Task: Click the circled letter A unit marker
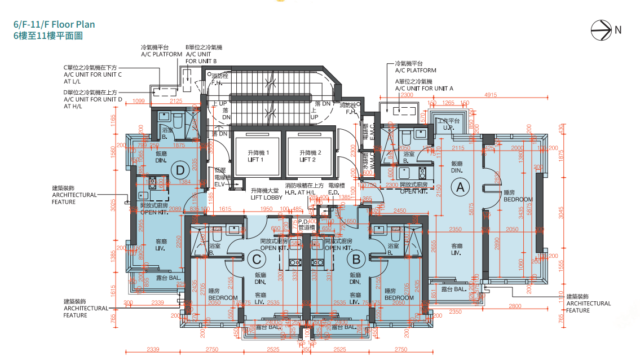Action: point(461,187)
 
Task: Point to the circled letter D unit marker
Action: point(179,169)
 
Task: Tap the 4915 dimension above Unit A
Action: point(490,96)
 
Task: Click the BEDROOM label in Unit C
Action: point(222,299)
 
